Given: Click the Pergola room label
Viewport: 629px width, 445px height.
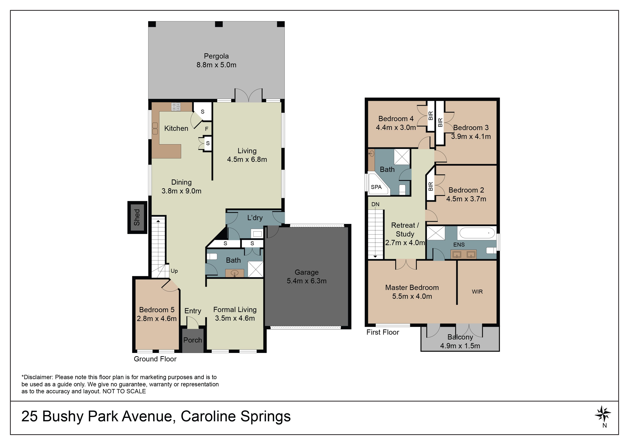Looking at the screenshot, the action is [x=216, y=56].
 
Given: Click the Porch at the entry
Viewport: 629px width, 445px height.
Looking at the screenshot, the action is [x=193, y=340].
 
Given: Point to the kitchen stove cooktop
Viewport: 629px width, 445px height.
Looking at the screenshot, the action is [x=176, y=107].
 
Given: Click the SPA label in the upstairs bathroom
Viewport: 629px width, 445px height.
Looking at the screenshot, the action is [x=376, y=187].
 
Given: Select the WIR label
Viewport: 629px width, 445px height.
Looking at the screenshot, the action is [x=477, y=292].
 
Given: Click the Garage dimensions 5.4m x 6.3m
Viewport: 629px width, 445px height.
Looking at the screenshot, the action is [x=307, y=281].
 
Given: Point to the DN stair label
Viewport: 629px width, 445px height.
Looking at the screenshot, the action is [x=375, y=204].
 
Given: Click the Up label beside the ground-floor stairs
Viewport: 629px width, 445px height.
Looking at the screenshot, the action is [x=174, y=271].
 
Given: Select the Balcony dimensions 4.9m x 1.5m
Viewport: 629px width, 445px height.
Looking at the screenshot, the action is [x=460, y=346].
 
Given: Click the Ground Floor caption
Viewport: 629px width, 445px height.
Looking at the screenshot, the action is [x=155, y=359].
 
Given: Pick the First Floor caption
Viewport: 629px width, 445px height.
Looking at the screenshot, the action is [x=383, y=332].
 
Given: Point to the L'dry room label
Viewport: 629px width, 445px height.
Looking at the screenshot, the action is [x=255, y=218].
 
